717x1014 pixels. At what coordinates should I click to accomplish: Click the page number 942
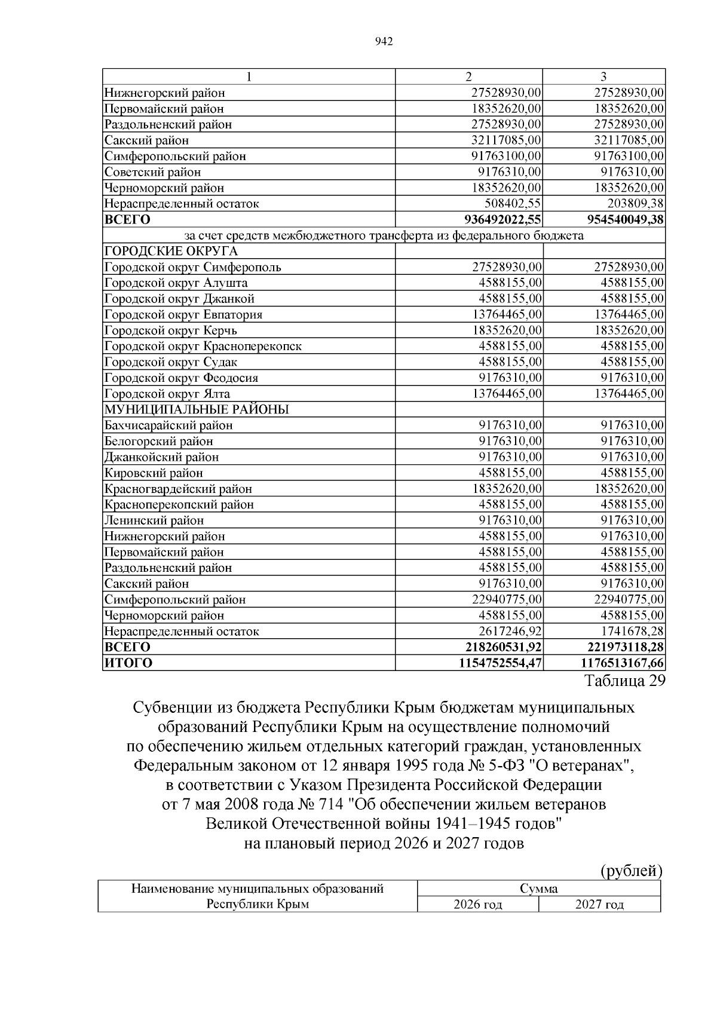[383, 42]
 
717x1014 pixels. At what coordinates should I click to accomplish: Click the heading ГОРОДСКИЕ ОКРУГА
[171, 252]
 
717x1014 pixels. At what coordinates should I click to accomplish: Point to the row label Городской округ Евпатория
[183, 315]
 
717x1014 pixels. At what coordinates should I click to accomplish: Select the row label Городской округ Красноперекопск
[203, 347]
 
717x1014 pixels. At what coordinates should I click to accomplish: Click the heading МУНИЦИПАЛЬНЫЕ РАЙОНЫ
[197, 410]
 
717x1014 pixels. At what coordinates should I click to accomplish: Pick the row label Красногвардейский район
[178, 489]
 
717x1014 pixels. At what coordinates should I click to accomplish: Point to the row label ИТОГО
[128, 663]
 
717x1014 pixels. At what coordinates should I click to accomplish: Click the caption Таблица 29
[624, 681]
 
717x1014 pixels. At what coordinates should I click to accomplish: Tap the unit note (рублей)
[631, 871]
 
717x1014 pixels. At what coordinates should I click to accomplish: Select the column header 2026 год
[477, 905]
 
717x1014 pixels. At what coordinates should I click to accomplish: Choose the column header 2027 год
[599, 905]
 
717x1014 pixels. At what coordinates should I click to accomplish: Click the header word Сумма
[538, 889]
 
